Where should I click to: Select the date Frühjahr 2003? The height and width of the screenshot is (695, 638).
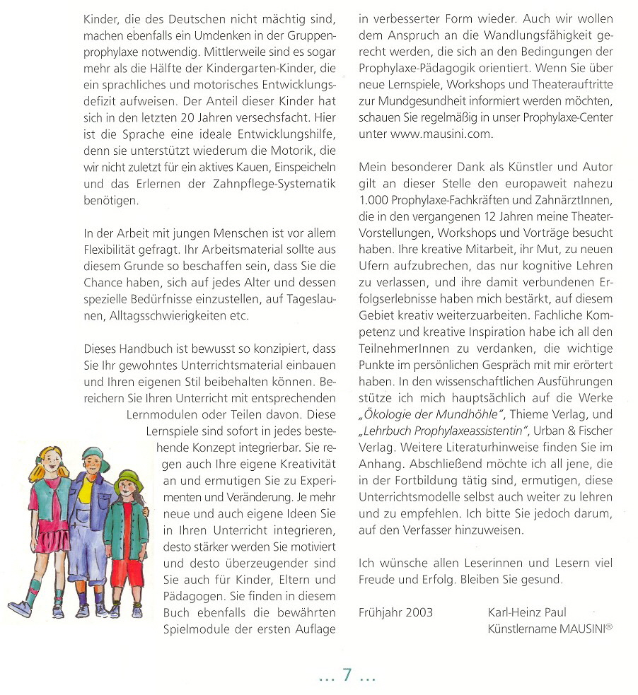pyautogui.click(x=395, y=612)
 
